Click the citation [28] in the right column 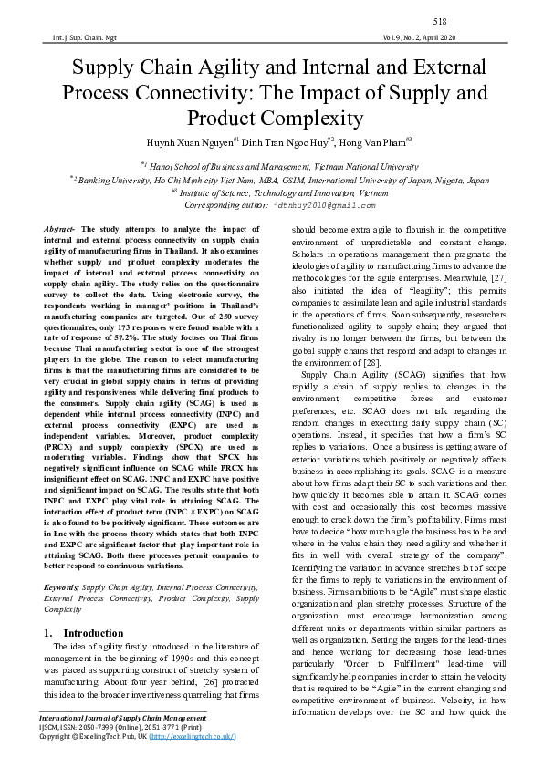(372, 363)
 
